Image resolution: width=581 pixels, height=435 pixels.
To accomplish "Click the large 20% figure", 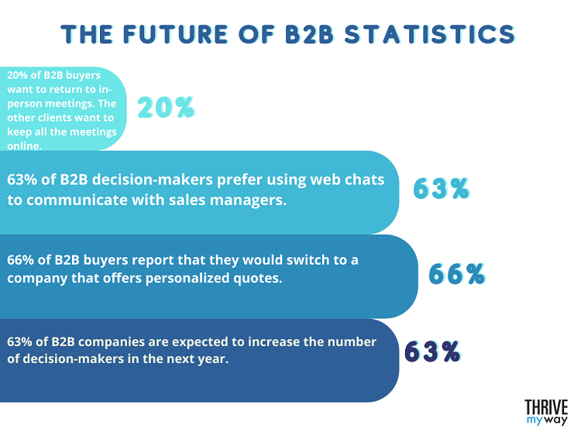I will point(165,108).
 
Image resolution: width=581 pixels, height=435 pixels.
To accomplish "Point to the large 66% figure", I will point(457,273).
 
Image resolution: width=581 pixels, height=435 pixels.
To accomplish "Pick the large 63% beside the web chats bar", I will point(441,188).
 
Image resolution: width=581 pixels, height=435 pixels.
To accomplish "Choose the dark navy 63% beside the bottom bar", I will point(432,351).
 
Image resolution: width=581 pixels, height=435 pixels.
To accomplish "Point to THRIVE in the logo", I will point(546,407).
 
